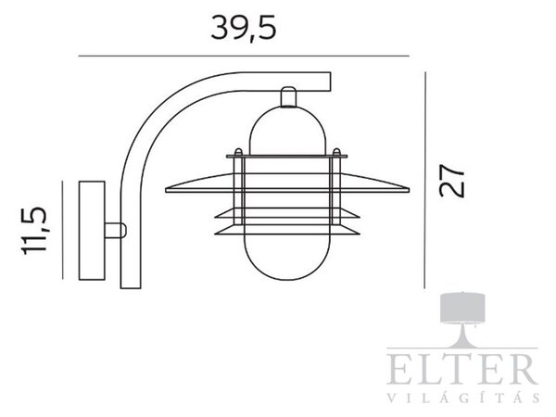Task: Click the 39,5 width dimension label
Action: coord(243,28)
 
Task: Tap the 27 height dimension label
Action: coord(451,180)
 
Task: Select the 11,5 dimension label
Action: coord(34,230)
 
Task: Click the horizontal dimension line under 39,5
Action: coord(244,56)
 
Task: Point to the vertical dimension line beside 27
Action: coord(424,180)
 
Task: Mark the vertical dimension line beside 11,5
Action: coord(62,230)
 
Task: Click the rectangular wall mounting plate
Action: coord(92,231)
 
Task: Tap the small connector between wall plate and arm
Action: coord(116,230)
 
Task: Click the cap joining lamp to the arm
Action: coord(288,96)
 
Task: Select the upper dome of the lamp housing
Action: coord(287,131)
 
